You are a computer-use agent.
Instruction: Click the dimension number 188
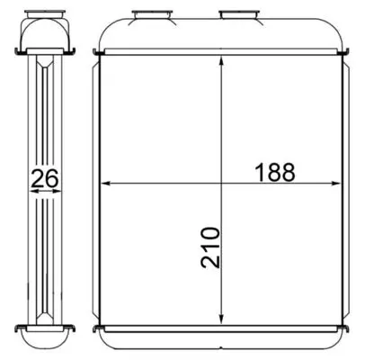coord(275,172)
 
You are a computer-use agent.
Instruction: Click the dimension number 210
coord(210,247)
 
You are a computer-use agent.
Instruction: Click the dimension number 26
coord(45,179)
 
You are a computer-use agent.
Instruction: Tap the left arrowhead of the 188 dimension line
coord(106,183)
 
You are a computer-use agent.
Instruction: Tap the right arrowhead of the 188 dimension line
coord(335,183)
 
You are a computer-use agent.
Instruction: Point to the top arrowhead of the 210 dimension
coord(221,61)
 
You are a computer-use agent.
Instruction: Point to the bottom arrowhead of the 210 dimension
coord(221,319)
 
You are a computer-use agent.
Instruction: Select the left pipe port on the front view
coord(152,15)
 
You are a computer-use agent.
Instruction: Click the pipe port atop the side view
coord(45,13)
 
